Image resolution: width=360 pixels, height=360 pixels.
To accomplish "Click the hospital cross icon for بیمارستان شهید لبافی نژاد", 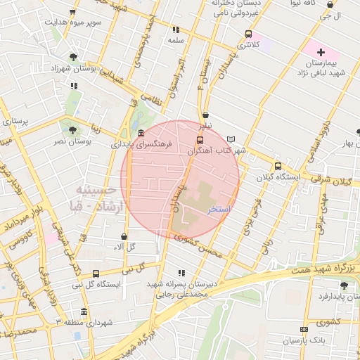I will (x=321, y=52).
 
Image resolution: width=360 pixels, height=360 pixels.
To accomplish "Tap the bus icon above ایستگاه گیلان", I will (x=278, y=167).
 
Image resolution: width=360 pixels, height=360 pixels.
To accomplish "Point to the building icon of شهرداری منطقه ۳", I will (x=84, y=312).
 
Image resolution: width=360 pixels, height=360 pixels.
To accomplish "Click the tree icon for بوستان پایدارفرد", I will (x=343, y=285).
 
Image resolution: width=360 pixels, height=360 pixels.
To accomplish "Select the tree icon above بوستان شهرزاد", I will (x=74, y=57).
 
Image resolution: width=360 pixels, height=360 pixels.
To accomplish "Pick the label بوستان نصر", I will (x=74, y=141).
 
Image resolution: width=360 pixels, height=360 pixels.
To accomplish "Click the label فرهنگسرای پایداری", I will (x=141, y=143).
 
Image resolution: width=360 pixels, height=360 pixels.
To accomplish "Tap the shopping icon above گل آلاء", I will (x=124, y=237).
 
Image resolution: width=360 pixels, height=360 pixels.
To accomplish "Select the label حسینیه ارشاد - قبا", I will (x=103, y=198).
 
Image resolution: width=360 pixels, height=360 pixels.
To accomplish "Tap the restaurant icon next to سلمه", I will (x=176, y=30).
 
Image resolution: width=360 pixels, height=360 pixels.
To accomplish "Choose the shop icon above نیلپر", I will (x=205, y=115).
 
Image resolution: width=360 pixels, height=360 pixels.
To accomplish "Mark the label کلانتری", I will (x=249, y=44).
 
